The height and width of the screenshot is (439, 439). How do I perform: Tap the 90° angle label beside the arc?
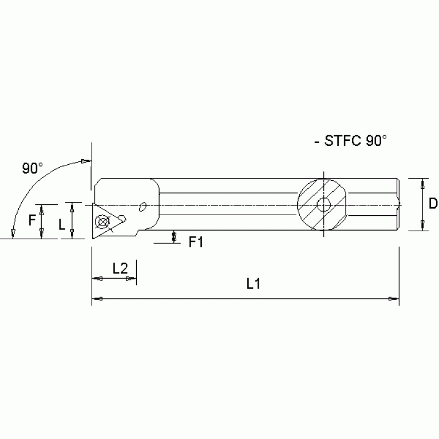coord(32,168)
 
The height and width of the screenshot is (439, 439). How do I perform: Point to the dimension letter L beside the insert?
coord(62,225)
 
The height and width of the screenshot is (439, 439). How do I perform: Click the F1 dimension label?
coord(197,243)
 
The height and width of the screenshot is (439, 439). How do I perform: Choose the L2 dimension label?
coord(120,267)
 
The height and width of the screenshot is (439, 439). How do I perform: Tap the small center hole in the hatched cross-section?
coord(325,204)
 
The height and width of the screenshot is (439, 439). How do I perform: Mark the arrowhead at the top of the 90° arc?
coord(85,160)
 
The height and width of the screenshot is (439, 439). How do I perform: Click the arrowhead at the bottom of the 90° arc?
coord(11,232)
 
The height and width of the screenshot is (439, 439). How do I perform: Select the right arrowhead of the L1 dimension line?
coord(393,299)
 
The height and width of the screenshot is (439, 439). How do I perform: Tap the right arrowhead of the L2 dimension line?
coord(132,279)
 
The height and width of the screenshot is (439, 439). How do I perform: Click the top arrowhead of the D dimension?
coord(422,184)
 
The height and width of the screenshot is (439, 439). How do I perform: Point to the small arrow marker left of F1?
coord(174,236)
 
